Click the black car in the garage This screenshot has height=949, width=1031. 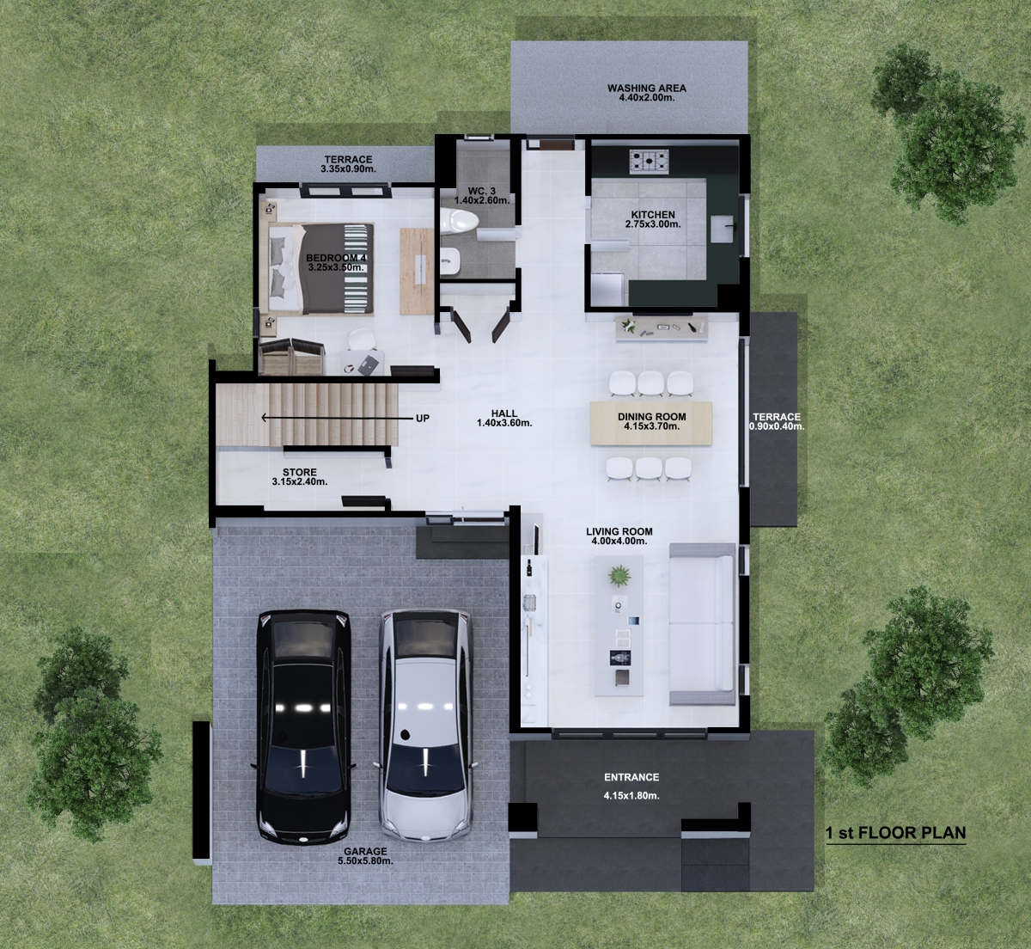[304, 726]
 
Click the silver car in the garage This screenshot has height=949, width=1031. [425, 726]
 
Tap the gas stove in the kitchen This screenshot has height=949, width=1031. [650, 160]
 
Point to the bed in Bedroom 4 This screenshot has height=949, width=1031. [321, 268]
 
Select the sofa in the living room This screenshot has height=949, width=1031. [702, 623]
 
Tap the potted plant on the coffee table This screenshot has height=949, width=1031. [619, 575]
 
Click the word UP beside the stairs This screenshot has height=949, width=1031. [423, 418]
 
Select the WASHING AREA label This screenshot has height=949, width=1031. [647, 88]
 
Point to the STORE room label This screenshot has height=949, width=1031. [300, 472]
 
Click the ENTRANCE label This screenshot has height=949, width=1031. [631, 777]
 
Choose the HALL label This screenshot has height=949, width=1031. [504, 413]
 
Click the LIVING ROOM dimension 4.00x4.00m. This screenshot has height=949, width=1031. [619, 541]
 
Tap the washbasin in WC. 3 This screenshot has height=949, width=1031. [450, 257]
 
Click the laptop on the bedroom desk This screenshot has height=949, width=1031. [369, 364]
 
